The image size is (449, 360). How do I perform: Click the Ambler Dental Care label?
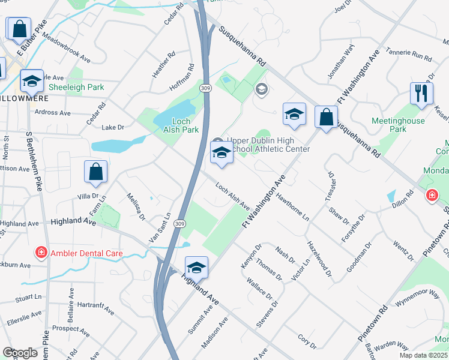click(86, 253)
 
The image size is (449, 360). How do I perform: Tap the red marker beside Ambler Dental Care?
click(41, 253)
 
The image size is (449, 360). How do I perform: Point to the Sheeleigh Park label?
click(76, 88)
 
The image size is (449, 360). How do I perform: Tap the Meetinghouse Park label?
click(398, 125)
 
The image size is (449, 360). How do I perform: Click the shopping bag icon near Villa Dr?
click(96, 171)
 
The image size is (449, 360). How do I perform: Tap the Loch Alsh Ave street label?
click(232, 196)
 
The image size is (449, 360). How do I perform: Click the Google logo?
click(20, 353)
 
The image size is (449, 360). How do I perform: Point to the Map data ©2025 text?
click(423, 355)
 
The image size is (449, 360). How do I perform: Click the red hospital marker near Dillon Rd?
click(432, 196)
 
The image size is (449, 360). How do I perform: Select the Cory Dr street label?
click(306, 341)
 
